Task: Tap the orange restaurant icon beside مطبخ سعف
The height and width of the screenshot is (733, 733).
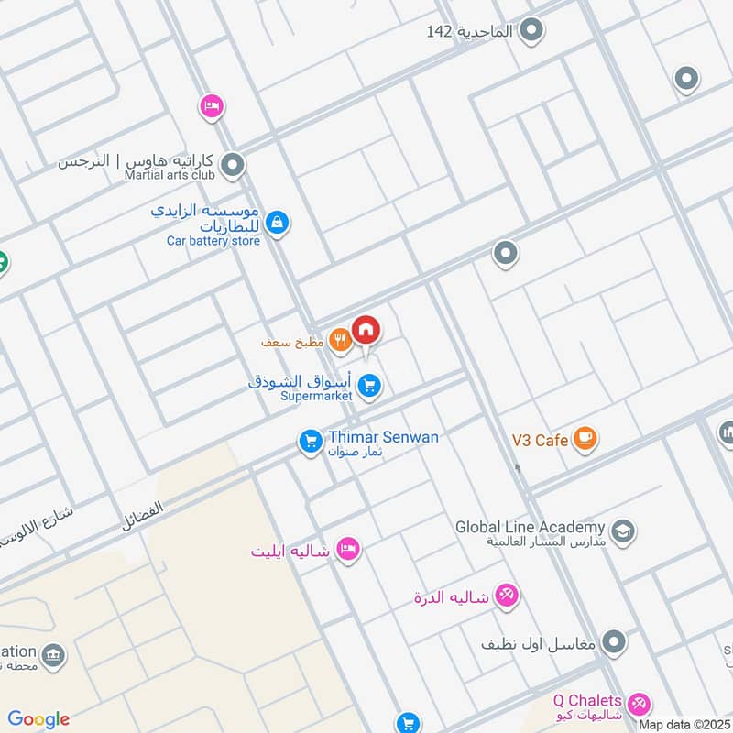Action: point(341,341)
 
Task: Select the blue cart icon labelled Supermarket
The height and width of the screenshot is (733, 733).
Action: point(369,386)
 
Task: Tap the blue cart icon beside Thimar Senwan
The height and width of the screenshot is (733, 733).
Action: point(311,443)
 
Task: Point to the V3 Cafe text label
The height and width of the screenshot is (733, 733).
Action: point(539,441)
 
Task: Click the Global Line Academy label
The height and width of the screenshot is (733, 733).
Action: point(531,527)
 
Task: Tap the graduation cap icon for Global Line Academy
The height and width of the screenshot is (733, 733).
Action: point(623,531)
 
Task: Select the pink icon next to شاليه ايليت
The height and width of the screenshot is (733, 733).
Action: point(348,550)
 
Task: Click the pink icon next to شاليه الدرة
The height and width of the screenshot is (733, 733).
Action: point(507,596)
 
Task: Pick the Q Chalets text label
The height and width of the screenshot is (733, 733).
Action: point(586,700)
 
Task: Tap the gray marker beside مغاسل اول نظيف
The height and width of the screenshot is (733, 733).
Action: point(614,642)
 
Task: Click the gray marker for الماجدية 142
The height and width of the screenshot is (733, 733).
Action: point(531,32)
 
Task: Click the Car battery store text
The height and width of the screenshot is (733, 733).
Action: point(213,241)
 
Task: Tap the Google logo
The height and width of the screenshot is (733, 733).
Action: point(38,719)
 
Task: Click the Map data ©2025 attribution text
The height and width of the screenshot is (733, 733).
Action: point(684,725)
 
